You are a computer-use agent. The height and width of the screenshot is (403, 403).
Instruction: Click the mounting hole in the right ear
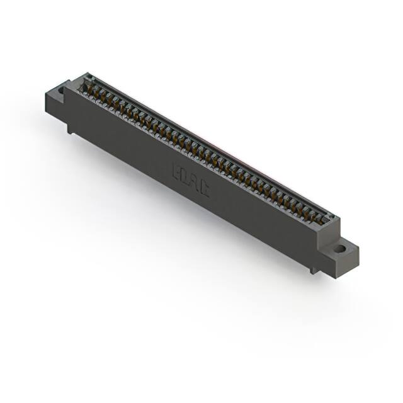(339, 248)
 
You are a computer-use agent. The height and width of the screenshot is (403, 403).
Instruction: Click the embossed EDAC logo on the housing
(190, 180)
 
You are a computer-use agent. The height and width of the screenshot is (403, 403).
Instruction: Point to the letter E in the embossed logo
(177, 172)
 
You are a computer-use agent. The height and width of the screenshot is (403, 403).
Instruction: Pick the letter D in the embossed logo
(185, 177)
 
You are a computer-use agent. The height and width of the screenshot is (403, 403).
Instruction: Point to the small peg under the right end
(314, 270)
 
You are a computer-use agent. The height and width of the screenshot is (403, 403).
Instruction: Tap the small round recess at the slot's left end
(88, 79)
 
